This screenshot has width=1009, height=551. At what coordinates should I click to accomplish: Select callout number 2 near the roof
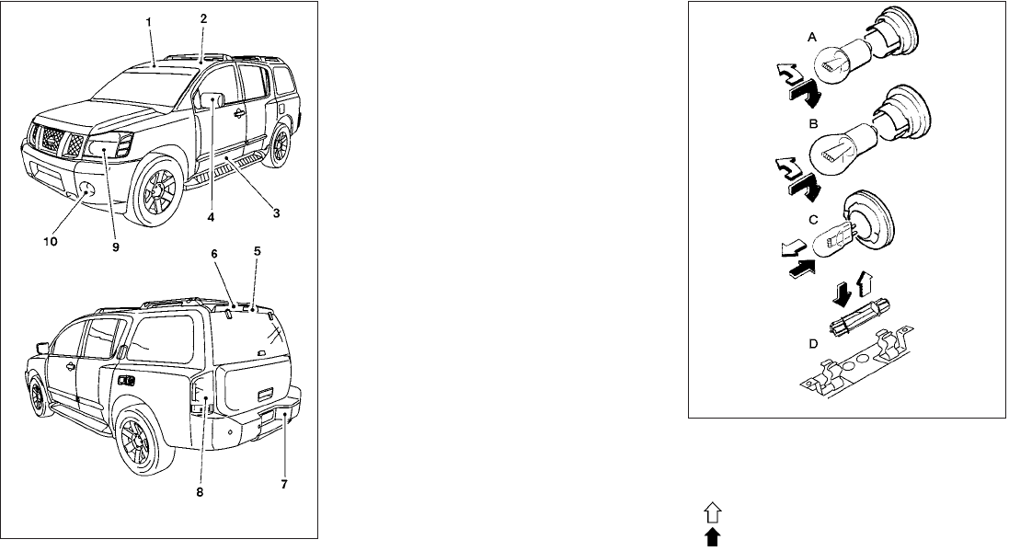[203, 18]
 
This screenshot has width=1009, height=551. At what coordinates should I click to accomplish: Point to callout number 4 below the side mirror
[212, 219]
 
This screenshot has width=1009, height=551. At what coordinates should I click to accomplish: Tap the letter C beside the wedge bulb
[812, 220]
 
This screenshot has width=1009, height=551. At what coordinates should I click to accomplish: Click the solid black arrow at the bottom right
[713, 540]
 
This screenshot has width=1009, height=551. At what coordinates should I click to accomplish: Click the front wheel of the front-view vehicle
[155, 197]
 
